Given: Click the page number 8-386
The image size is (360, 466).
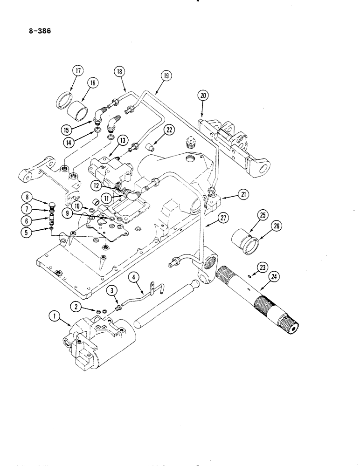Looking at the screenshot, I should click(39, 32).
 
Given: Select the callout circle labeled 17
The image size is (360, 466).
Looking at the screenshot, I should click(76, 71).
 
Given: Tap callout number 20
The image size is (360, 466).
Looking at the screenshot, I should click(202, 96).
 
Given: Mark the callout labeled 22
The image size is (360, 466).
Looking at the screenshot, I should click(170, 131).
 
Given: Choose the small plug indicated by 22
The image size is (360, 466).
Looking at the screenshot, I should click(151, 148).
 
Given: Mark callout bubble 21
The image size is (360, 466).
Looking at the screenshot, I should click(242, 196).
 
